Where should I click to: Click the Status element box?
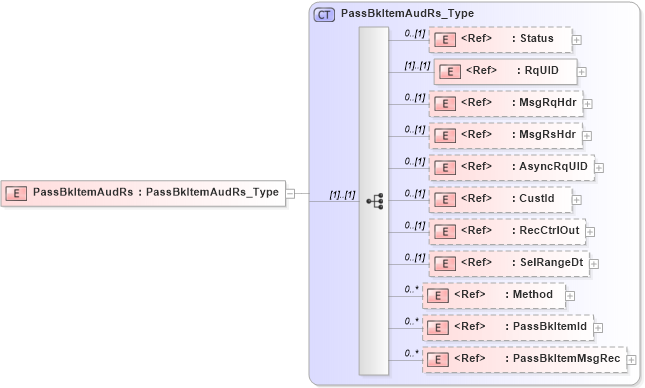click(x=500, y=39)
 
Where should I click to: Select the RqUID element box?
click(x=505, y=71)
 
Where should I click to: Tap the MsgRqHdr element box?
click(x=505, y=102)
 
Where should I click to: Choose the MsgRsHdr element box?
click(x=505, y=134)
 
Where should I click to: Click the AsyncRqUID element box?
click(x=511, y=166)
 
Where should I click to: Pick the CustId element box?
click(x=500, y=199)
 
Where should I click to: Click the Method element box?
click(x=494, y=294)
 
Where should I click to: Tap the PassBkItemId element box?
click(x=507, y=326)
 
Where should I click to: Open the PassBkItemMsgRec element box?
click(x=524, y=358)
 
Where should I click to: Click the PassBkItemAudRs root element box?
click(x=144, y=193)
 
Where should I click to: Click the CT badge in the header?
click(x=325, y=15)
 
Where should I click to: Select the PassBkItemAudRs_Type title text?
click(x=407, y=15)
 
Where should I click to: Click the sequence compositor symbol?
click(x=374, y=201)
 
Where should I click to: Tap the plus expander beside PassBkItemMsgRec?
click(x=633, y=360)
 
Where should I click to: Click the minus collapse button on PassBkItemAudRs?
click(x=290, y=193)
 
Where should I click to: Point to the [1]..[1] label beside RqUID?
click(x=416, y=66)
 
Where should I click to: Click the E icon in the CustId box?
click(x=445, y=199)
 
